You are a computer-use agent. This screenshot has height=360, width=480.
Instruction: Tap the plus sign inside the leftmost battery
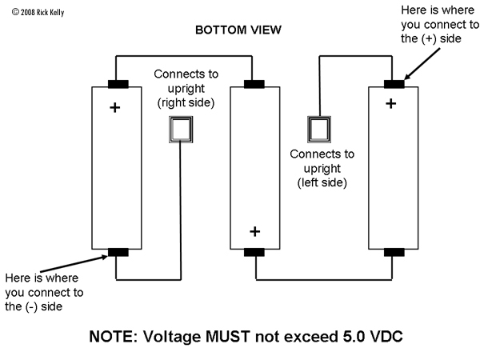115,106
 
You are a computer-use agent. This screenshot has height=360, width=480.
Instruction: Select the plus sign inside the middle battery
254,232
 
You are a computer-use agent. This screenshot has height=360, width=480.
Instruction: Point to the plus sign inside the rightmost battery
390,102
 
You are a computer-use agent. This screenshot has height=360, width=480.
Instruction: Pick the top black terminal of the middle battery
255,83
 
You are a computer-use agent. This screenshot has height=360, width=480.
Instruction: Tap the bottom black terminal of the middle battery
255,253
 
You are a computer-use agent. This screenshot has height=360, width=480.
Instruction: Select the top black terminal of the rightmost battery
392,83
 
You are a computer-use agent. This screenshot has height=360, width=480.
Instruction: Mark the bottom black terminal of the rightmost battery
392,253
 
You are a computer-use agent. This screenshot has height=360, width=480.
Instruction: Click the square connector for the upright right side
181,130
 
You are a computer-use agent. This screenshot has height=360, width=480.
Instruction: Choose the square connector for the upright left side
318,130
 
